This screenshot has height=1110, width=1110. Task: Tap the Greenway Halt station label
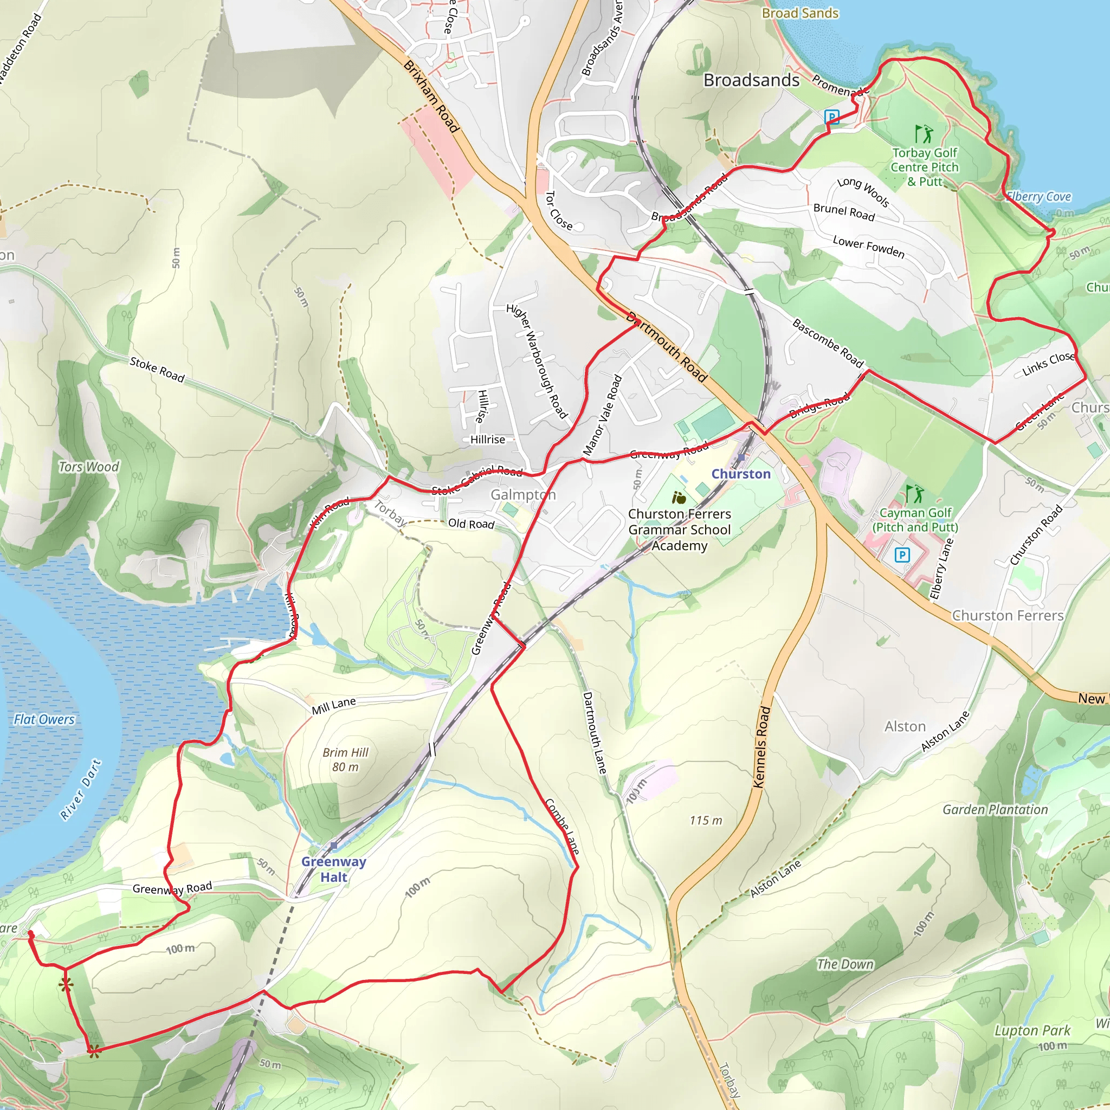(x=333, y=869)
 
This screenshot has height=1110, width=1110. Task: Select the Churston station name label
(x=740, y=474)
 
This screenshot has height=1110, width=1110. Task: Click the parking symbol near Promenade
(x=831, y=117)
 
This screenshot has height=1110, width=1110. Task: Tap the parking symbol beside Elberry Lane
(x=902, y=555)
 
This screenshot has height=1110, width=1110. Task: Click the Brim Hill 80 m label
(x=345, y=759)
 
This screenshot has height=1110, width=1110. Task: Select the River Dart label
(x=81, y=789)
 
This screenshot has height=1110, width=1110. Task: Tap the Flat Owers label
(x=44, y=719)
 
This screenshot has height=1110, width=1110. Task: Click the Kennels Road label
(x=761, y=747)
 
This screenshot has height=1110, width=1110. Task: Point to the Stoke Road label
(x=157, y=370)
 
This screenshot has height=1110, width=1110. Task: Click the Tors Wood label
(x=88, y=467)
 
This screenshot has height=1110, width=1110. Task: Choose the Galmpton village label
(x=523, y=495)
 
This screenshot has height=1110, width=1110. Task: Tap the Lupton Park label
(x=1032, y=1031)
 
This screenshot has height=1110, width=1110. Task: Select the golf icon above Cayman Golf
(x=914, y=494)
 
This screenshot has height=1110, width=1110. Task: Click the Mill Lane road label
(x=333, y=706)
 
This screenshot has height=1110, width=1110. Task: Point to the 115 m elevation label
(x=706, y=821)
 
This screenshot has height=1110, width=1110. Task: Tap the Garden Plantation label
(x=995, y=810)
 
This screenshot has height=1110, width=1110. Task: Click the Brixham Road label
(x=431, y=96)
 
